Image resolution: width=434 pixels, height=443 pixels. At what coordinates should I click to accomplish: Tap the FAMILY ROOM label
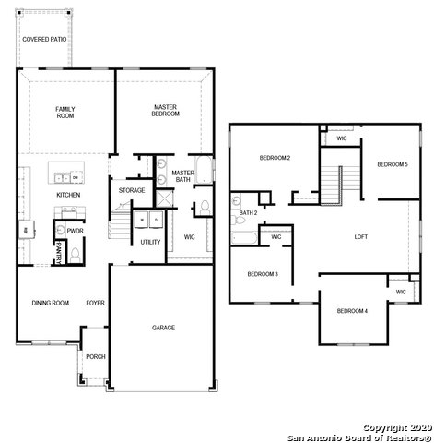click(x=65, y=113)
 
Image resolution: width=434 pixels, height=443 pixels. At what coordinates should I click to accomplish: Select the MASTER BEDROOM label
click(x=166, y=110)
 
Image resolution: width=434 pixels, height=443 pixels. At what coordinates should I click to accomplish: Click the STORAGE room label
click(x=132, y=190)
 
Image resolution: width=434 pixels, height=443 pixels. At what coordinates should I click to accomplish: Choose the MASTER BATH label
click(x=182, y=176)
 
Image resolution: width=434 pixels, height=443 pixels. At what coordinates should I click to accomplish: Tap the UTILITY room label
click(x=150, y=242)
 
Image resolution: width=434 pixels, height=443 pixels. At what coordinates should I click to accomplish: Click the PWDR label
click(x=75, y=232)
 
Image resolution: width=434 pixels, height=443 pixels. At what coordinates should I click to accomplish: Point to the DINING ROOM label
click(x=51, y=303)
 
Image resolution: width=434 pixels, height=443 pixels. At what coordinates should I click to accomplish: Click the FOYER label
click(x=95, y=303)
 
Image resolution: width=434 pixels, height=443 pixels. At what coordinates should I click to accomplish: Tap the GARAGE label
click(x=164, y=328)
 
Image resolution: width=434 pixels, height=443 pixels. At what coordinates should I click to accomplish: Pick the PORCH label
click(x=95, y=356)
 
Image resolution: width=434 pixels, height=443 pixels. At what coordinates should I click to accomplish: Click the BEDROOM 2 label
click(x=276, y=158)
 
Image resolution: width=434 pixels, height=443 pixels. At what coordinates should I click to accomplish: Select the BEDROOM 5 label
click(x=392, y=164)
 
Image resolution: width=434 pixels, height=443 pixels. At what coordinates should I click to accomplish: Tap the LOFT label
click(x=361, y=237)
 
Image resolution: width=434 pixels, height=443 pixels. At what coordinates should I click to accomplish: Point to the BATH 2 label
click(x=248, y=213)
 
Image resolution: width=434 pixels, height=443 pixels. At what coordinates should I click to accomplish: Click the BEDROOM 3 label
click(x=263, y=274)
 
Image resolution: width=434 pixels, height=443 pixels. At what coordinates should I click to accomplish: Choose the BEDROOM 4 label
click(x=352, y=311)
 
